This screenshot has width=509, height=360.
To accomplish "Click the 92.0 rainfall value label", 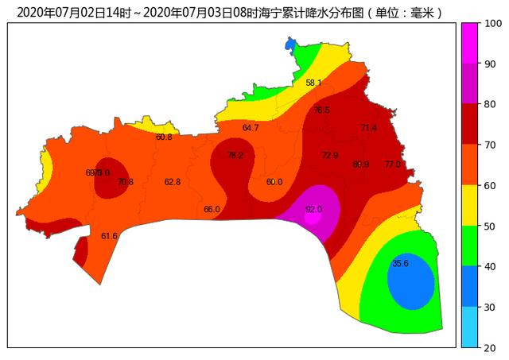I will [314, 210].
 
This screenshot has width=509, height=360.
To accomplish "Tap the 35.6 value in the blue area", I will [400, 264].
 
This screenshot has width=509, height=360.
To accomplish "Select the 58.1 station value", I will [313, 83].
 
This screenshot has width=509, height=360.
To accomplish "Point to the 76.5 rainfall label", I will [321, 110].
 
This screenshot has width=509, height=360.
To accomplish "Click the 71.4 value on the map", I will [368, 128].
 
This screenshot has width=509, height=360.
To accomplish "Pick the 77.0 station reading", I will [393, 165].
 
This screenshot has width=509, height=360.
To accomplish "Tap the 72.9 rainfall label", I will [330, 155].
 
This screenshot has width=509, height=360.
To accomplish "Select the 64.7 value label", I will [251, 128].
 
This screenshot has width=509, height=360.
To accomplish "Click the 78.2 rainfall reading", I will [235, 156].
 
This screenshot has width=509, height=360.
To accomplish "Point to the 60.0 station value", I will [274, 182].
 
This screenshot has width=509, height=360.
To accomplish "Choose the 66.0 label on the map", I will [212, 210].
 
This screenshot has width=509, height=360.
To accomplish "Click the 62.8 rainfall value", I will [173, 182].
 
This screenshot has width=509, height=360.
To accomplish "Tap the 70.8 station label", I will [126, 182].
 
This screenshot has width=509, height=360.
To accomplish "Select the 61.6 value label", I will [109, 236].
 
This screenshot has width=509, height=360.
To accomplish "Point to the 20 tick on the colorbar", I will [489, 347].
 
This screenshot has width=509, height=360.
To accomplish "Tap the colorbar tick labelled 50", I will [489, 226].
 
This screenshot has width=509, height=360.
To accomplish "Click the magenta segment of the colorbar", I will [469, 43].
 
